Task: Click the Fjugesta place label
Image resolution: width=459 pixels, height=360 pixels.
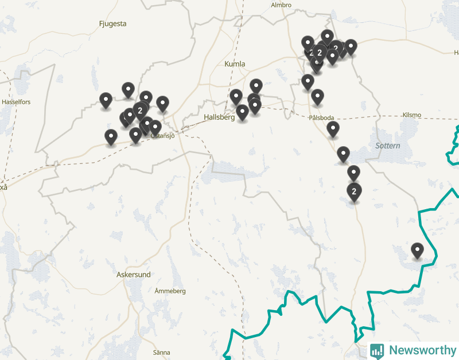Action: pos(112,24)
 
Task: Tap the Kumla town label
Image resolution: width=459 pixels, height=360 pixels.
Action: pos(235,64)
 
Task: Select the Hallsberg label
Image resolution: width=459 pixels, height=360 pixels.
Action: pos(219,117)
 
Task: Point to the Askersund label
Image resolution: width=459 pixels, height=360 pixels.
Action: pos(133,275)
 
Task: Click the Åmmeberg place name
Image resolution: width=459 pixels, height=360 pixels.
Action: pos(170,291)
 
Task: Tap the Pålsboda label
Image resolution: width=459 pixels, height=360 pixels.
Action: pos(321,118)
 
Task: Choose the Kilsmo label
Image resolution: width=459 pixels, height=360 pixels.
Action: pos(411,115)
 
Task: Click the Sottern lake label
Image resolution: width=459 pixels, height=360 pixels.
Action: pos(388,146)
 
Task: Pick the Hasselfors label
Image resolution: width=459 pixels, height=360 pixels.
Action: pos(16,102)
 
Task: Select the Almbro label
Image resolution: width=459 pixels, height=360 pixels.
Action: pos(281,5)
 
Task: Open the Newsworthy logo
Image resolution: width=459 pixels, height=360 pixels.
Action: pos(413,350)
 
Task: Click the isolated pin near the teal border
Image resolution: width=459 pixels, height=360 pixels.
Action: pos(417,251)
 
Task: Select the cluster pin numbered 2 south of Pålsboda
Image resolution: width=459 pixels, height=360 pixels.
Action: pos(354,191)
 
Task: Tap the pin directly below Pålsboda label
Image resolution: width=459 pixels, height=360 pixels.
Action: pos(333,129)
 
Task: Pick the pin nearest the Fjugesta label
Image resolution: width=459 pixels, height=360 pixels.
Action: pos(128,89)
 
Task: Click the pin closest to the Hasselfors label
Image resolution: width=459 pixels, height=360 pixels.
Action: pos(106,100)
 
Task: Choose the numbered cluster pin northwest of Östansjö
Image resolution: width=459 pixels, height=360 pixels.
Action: pos(140,109)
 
